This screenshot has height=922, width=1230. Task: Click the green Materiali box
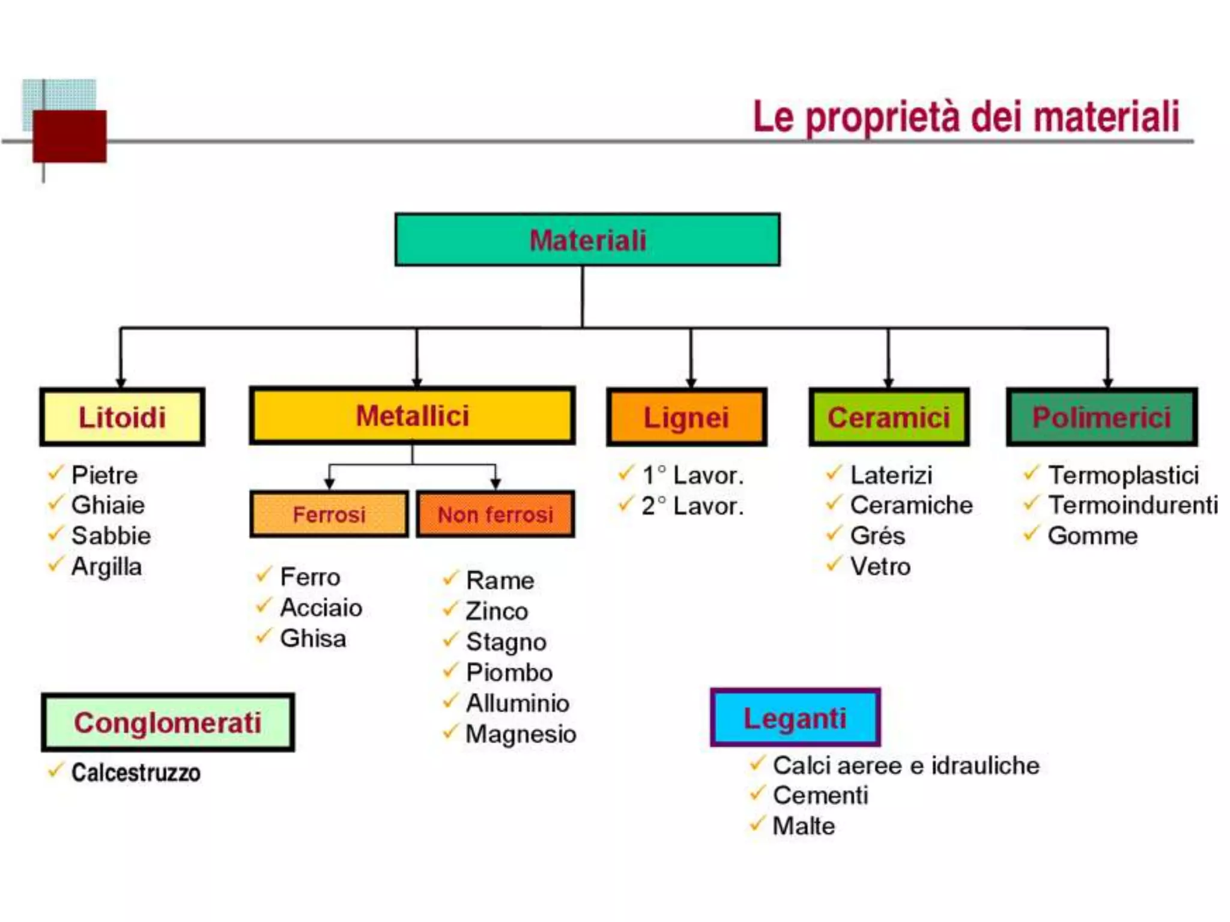[x=587, y=240]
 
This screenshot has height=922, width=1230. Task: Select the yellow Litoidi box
[x=123, y=417]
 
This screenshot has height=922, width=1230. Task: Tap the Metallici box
[x=413, y=415]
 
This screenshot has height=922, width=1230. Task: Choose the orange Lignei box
[x=686, y=417]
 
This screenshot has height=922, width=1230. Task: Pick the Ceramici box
[x=889, y=417]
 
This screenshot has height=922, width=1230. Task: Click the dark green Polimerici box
[x=1102, y=417]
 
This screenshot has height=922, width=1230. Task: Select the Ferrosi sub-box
[x=329, y=514]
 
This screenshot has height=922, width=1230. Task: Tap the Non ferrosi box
[x=495, y=514]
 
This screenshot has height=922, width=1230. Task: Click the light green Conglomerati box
[x=168, y=722]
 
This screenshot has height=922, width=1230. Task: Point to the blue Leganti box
[x=795, y=718]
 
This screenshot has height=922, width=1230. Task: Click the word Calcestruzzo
[x=136, y=773]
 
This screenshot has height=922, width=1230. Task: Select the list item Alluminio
[x=518, y=703]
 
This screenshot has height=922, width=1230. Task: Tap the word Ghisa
[x=313, y=638]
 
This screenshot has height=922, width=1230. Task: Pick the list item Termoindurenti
[x=1133, y=505]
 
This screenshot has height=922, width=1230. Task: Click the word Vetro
[x=880, y=566]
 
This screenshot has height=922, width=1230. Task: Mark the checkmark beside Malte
[x=757, y=823]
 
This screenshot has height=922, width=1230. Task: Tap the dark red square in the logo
[x=70, y=136]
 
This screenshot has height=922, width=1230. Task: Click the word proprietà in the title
[x=883, y=117]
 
